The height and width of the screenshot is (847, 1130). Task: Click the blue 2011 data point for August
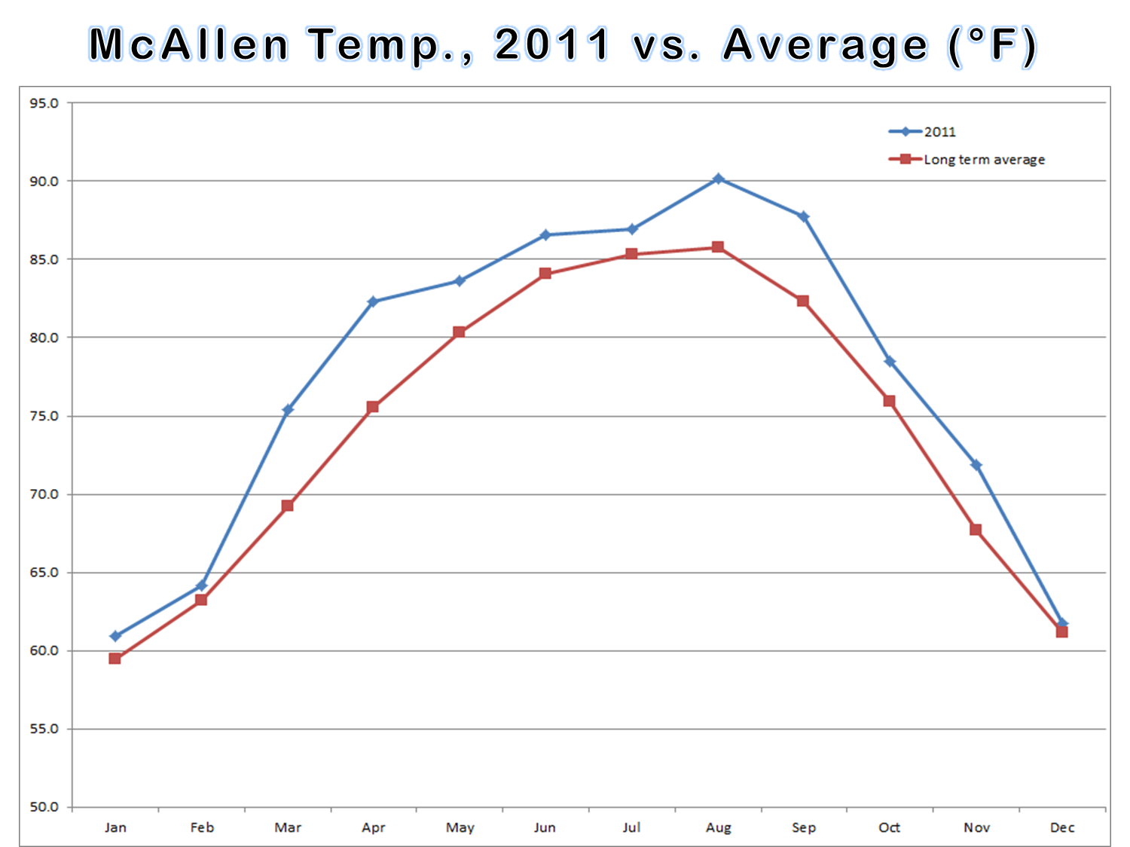[718, 179]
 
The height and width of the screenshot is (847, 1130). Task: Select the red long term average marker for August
[718, 247]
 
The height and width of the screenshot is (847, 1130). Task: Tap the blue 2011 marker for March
[288, 410]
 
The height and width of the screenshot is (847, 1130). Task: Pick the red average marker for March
[287, 506]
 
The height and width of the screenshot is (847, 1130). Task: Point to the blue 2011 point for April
[373, 301]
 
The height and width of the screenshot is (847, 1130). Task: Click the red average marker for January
[115, 659]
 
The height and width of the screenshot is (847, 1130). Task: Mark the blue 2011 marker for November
[976, 465]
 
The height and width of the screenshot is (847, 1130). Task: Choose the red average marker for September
[803, 301]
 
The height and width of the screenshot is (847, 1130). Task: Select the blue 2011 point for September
[804, 217]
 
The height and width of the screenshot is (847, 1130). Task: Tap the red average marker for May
[459, 332]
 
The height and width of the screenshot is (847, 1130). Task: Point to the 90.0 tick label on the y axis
[44, 181]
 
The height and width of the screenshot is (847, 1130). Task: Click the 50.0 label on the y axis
[44, 807]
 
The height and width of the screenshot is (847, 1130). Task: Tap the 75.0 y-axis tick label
[44, 416]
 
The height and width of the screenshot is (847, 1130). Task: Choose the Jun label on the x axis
[545, 827]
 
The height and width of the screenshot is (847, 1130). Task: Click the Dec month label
[1062, 827]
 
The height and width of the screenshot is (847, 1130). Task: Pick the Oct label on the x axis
[890, 827]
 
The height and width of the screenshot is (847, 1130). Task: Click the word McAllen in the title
[188, 44]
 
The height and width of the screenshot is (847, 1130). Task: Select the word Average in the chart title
[825, 44]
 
